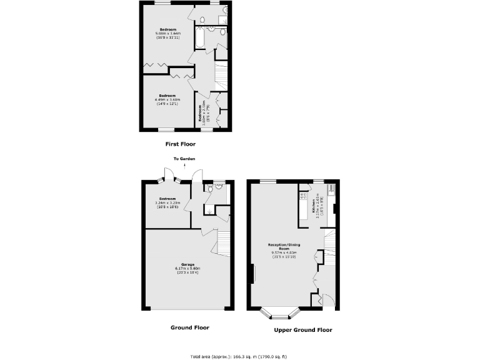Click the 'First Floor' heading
(180, 144)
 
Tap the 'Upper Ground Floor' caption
(302, 330)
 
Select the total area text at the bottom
(239, 355)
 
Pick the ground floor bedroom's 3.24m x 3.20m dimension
(167, 202)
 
